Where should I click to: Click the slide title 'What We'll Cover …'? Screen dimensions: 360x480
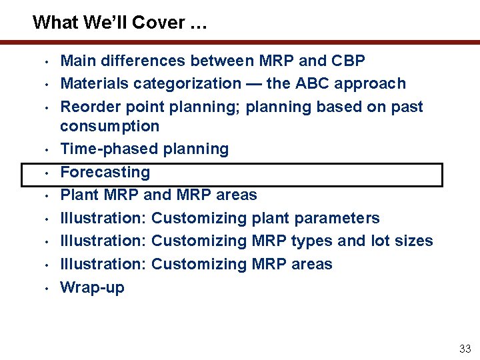[x=120, y=23]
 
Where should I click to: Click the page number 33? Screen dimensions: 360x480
[x=465, y=349]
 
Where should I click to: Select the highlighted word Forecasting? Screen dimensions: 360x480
[x=105, y=172]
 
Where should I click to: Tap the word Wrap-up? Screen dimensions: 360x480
[x=92, y=287]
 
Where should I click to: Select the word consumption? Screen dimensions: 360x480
[x=110, y=126]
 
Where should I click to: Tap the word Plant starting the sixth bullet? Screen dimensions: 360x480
[x=79, y=195]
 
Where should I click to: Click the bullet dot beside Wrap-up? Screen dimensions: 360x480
[x=47, y=289]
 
